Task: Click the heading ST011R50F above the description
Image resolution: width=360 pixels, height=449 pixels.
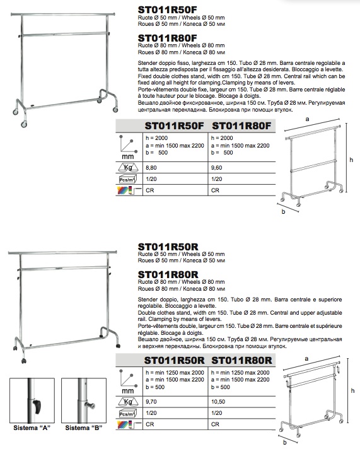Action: pos(167,9)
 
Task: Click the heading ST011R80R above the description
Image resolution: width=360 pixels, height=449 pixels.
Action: pos(168,274)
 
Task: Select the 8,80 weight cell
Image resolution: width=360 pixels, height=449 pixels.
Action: pos(151,168)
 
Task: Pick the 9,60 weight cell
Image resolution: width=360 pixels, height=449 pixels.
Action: pos(216,168)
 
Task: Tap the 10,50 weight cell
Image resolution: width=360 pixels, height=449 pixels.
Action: pos(218,402)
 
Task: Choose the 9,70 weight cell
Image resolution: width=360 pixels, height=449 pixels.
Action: pos(151,402)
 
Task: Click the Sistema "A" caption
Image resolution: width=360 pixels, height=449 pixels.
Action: pos(32,428)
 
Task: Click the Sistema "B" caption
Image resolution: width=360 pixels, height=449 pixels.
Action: pos(84,428)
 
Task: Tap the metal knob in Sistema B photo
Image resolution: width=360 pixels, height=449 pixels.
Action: pos(90,406)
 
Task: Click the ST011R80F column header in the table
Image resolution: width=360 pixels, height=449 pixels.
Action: pos(241,126)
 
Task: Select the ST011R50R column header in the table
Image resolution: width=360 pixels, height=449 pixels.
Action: pos(175,361)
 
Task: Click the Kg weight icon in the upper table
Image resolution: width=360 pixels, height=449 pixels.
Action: pos(128,167)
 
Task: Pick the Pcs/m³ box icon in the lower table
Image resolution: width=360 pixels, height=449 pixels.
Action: pos(127,414)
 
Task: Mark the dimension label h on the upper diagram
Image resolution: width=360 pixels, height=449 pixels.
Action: pos(351,160)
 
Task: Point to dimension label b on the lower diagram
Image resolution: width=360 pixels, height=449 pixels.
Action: pos(285,443)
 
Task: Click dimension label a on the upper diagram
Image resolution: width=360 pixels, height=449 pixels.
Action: pos(307,119)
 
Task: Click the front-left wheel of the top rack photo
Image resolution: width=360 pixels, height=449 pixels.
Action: pos(24,124)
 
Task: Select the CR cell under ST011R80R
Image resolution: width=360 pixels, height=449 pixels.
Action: pos(215,424)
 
